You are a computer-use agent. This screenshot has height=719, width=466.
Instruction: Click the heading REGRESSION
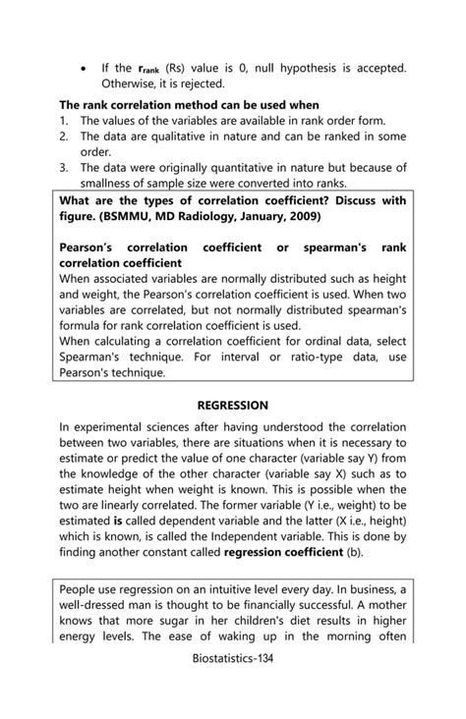232,405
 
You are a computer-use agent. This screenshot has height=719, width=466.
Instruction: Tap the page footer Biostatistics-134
233,691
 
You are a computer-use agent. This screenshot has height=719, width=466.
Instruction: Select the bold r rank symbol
150,69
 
